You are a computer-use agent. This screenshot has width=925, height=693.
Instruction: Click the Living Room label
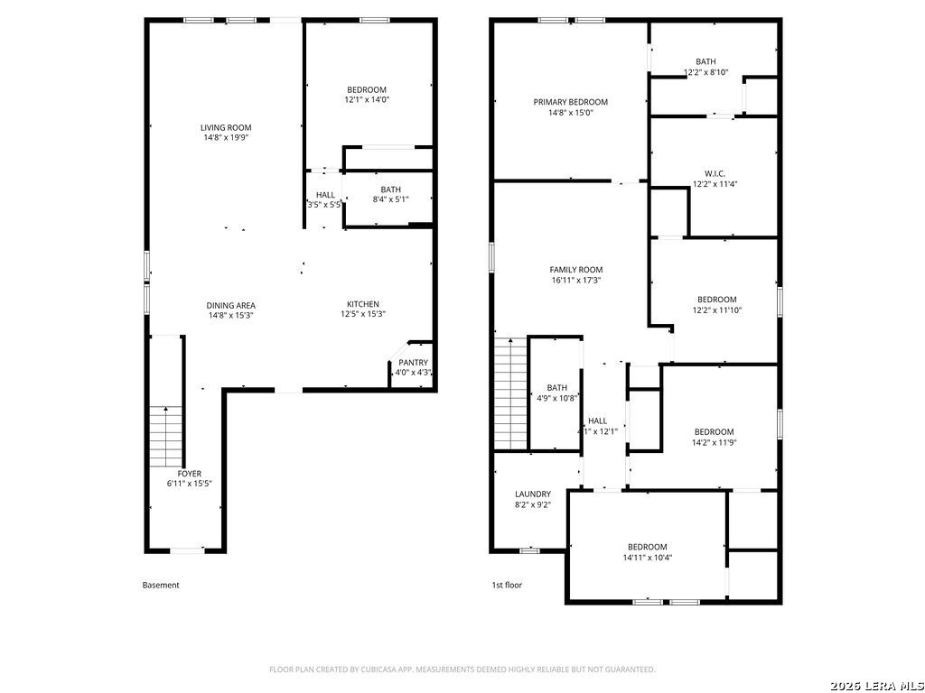pos(226,127)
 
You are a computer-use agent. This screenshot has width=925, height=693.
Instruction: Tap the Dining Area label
pos(230,305)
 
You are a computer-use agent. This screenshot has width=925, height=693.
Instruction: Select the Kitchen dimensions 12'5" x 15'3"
pos(363,315)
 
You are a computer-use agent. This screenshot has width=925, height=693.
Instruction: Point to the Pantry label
pos(413,363)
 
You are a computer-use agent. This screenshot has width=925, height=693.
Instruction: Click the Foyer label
pos(190,474)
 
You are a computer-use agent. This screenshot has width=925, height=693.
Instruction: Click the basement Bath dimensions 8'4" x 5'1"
pos(390,199)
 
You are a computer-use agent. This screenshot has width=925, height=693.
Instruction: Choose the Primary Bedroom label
pos(571,102)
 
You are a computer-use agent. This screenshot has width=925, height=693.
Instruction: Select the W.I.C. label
pos(715,174)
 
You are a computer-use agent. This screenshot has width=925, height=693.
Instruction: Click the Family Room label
pos(576,270)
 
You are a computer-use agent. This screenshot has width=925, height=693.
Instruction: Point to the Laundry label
pos(533,494)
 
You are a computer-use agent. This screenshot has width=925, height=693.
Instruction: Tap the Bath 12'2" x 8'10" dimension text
pos(706,72)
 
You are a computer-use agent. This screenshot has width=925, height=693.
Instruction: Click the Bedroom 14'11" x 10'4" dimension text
pos(647,558)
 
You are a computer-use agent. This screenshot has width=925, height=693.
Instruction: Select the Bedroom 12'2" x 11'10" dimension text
pos(716,310)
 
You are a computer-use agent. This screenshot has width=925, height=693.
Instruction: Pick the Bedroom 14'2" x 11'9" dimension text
pos(715,442)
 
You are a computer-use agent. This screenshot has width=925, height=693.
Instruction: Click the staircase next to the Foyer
pos(166,437)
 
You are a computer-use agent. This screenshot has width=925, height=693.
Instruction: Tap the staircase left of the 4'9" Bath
pos(509,393)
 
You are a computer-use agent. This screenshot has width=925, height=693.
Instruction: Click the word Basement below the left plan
pos(161,585)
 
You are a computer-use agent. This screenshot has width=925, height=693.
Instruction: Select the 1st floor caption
pos(507,585)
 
